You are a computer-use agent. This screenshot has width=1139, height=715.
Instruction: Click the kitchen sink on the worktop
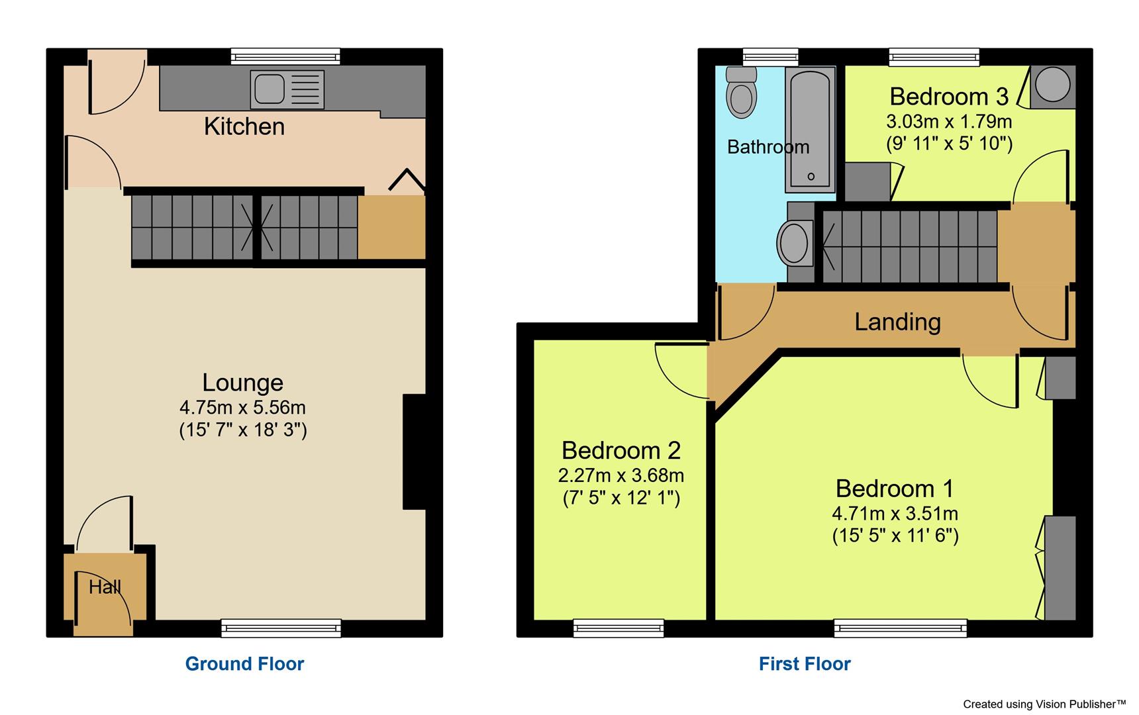click(286, 89)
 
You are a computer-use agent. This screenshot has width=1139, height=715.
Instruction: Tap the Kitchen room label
click(244, 126)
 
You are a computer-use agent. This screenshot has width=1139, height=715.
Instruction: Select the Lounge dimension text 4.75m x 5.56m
click(242, 407)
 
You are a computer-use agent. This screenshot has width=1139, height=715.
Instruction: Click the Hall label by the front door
click(105, 587)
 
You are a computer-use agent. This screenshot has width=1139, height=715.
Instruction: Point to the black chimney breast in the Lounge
click(415, 452)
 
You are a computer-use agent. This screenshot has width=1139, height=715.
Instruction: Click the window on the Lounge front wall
click(281, 628)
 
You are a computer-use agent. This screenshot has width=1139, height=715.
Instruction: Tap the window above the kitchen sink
click(285, 56)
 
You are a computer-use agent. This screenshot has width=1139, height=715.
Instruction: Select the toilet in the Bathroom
click(741, 92)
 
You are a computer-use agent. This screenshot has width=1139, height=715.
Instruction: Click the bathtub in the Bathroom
click(811, 130)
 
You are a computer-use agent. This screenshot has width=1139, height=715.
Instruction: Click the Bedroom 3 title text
click(948, 97)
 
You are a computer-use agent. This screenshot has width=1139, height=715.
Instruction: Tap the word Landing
click(897, 322)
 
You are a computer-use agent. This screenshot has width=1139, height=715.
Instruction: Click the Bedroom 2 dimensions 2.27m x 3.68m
click(620, 475)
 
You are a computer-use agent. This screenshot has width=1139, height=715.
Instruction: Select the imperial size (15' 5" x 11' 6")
click(895, 535)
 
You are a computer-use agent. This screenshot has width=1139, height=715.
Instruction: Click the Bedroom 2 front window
click(619, 628)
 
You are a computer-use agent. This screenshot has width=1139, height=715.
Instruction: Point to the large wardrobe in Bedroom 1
click(1060, 568)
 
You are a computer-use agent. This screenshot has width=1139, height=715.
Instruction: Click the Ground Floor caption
click(244, 663)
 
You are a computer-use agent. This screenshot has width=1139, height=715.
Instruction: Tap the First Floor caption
click(805, 663)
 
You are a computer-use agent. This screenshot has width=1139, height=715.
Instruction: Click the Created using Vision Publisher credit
click(1044, 704)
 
